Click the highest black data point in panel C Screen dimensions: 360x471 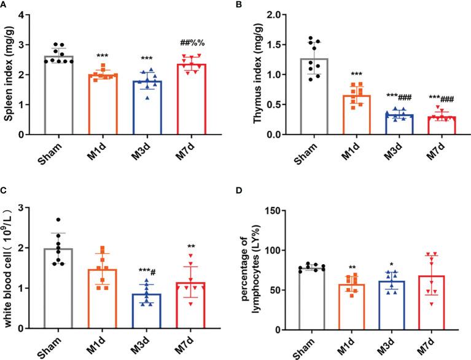click(x=58, y=220)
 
